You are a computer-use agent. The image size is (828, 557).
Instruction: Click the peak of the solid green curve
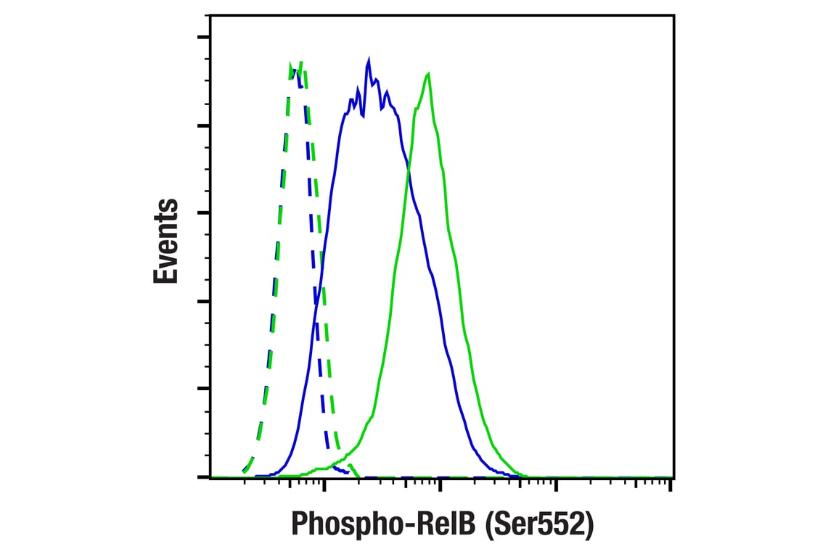click(429, 74)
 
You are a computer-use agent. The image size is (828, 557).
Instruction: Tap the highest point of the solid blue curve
click(369, 59)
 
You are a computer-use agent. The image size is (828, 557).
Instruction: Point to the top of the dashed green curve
click(300, 62)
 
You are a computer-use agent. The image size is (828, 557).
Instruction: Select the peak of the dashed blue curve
click(294, 70)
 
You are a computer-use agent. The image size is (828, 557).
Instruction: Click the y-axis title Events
click(165, 240)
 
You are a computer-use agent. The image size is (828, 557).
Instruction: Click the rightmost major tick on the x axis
click(669, 484)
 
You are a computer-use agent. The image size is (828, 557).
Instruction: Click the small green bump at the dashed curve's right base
click(351, 466)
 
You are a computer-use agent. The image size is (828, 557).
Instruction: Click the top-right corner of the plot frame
click(673, 14)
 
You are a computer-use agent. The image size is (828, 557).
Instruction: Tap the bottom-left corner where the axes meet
click(210, 477)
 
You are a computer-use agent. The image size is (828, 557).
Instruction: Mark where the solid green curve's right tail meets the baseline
click(526, 476)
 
